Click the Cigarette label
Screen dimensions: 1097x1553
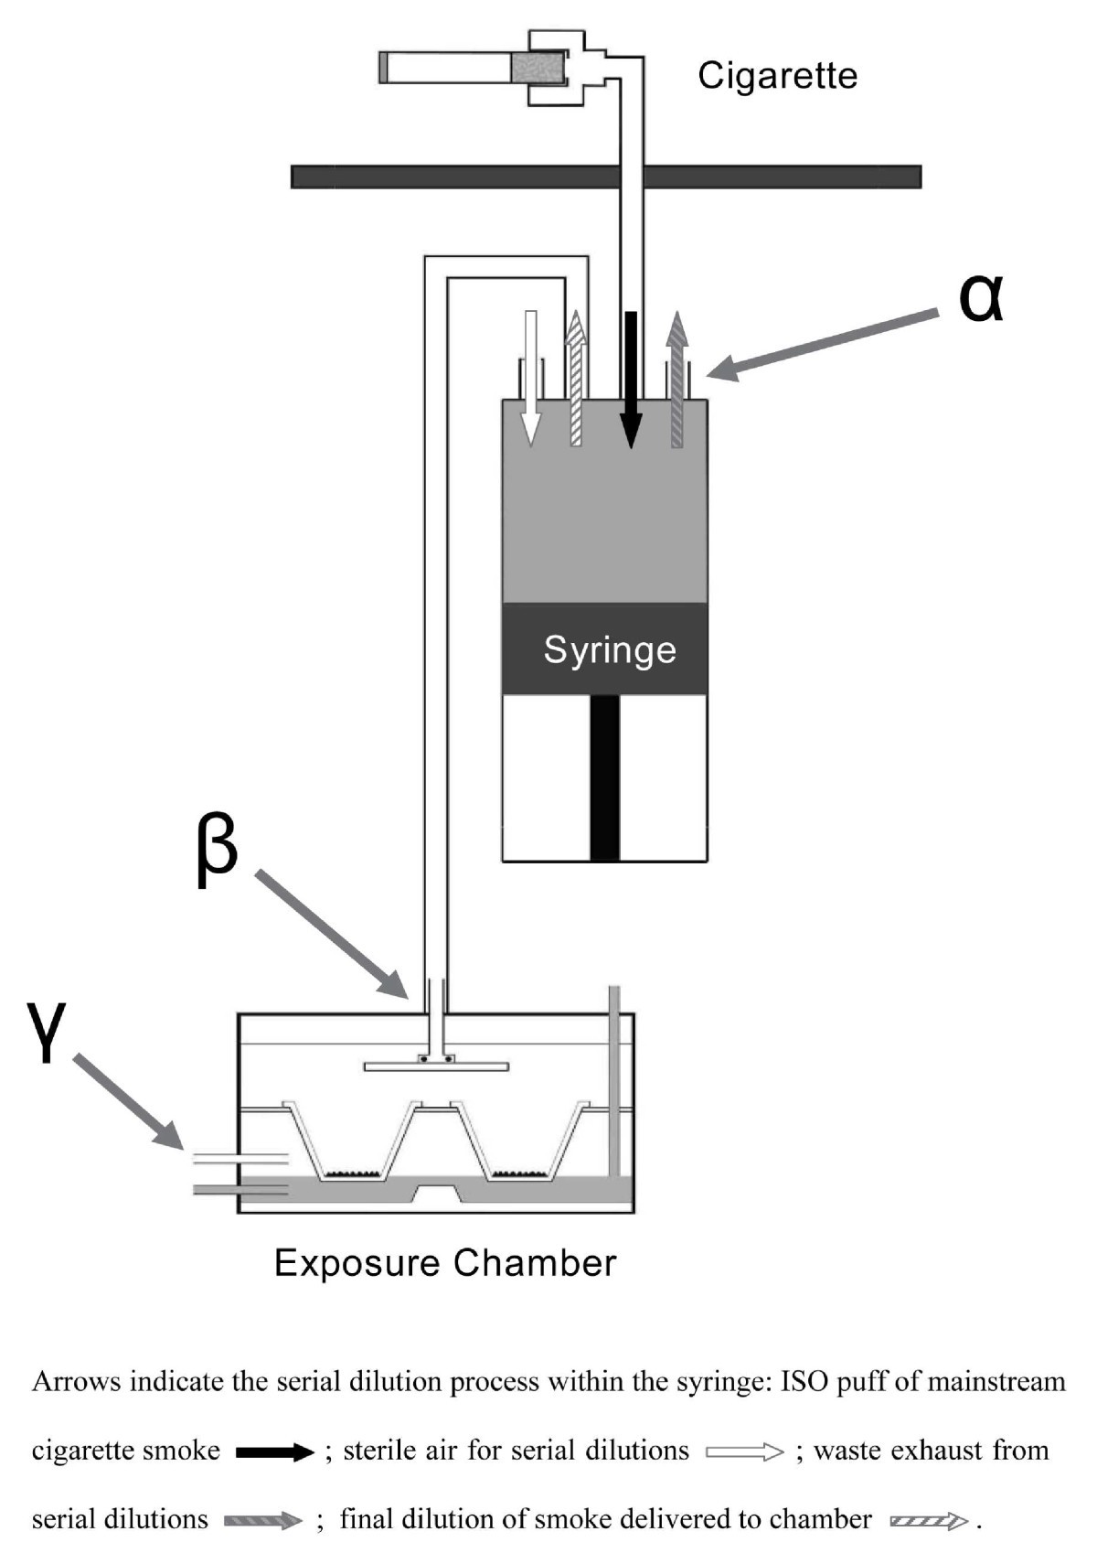tap(778, 76)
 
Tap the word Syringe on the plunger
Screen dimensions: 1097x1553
tap(610, 650)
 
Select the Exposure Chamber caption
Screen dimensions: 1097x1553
tap(445, 1263)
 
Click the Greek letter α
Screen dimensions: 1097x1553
tap(981, 299)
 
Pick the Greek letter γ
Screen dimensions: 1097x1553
tap(46, 1033)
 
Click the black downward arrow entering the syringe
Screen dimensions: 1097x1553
tap(631, 380)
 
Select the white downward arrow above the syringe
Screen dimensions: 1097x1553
tap(531, 378)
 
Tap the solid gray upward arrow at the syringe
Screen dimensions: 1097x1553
tap(677, 380)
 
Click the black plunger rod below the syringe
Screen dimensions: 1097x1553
tap(605, 778)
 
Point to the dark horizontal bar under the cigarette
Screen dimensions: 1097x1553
tap(606, 177)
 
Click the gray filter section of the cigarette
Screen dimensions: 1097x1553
tap(537, 69)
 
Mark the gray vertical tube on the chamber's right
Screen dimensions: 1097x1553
tap(613, 1081)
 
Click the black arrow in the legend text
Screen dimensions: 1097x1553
tap(275, 1451)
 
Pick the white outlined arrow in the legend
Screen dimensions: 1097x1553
tap(744, 1451)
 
